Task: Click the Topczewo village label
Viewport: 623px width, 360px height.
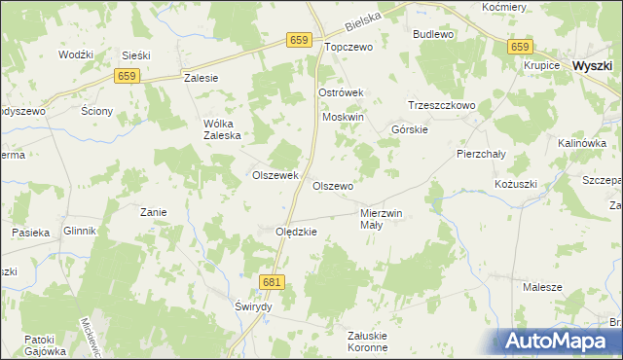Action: tap(348, 46)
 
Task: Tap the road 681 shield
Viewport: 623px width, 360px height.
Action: tap(273, 280)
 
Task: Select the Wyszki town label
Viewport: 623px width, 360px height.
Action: tap(592, 65)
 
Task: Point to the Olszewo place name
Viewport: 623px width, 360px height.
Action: tap(332, 185)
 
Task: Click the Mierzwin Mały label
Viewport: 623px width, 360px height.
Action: tap(381, 218)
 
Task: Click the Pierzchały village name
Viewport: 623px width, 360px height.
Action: tap(479, 154)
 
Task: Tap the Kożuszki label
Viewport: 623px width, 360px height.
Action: tap(515, 184)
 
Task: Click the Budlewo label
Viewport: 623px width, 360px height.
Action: tap(434, 34)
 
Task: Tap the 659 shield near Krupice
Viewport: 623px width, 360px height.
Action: tap(520, 47)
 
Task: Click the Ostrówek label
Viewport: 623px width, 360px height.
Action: tap(341, 92)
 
